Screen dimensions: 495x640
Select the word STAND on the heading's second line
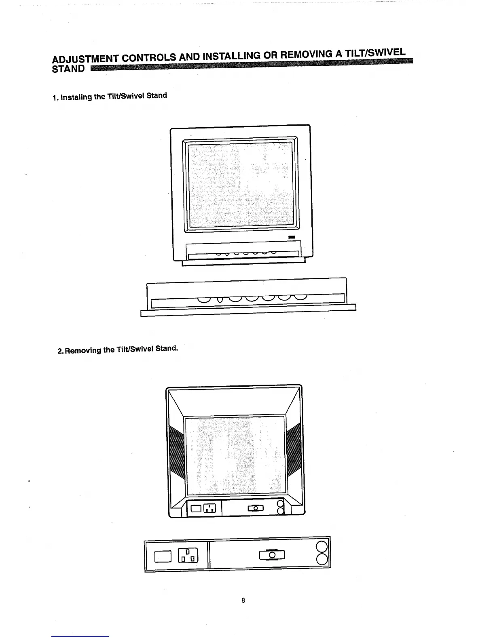pos(69,69)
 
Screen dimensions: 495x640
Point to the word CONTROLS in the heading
pos(149,58)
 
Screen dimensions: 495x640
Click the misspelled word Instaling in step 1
pos(76,97)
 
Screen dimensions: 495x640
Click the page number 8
pos(243,600)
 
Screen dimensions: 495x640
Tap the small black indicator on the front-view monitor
pos(292,237)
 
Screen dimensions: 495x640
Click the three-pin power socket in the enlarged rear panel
pos(189,556)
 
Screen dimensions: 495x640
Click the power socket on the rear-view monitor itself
pos(209,508)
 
